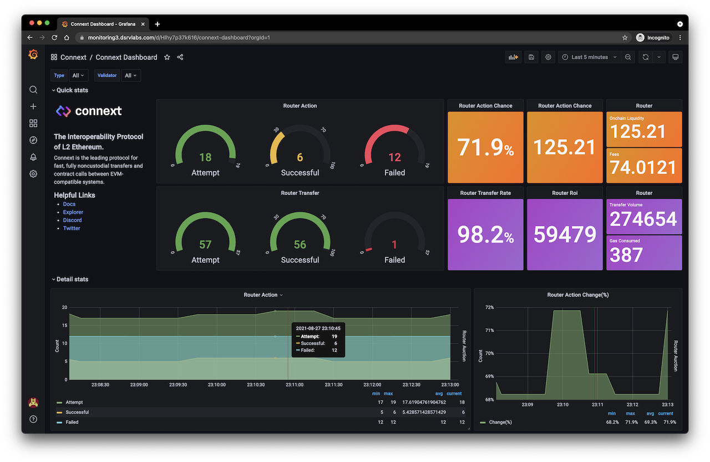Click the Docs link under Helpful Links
(69, 204)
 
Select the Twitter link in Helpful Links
(72, 228)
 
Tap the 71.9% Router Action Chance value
(485, 147)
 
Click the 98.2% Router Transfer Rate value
(485, 235)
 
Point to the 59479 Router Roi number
(565, 234)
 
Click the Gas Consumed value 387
(626, 255)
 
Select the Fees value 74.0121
(643, 167)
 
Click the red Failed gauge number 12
(394, 157)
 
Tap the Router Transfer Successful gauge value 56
(300, 245)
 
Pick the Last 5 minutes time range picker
(590, 57)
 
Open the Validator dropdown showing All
(130, 75)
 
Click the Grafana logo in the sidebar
(33, 55)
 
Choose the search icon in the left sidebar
(33, 90)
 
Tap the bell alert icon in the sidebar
(33, 157)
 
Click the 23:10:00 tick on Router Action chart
(217, 385)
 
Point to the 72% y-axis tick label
(489, 307)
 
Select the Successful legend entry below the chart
(77, 412)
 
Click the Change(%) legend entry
(500, 422)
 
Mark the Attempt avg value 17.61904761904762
(424, 402)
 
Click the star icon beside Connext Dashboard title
(167, 57)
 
